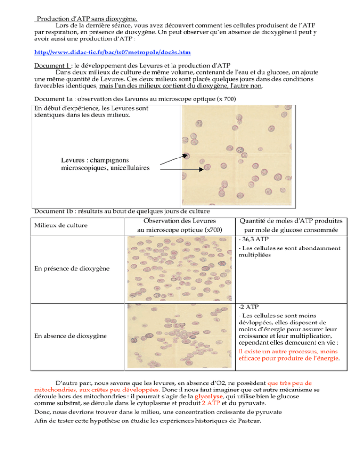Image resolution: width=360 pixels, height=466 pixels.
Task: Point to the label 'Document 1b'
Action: (x=53, y=210)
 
